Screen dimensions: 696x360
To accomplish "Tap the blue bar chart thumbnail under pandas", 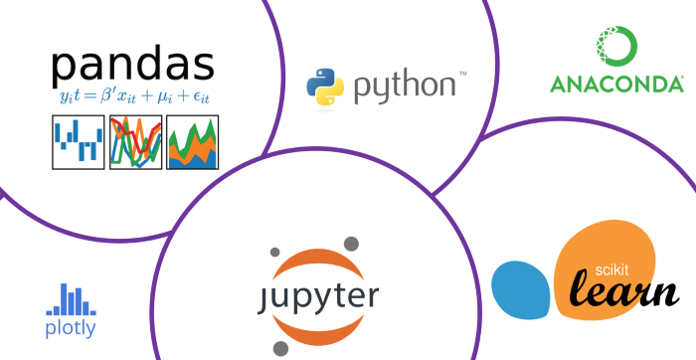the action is (78, 141).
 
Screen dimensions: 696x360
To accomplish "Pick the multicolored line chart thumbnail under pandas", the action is (135, 141).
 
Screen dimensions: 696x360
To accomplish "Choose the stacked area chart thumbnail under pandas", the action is (193, 141).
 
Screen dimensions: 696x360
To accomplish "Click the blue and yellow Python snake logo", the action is (324, 86).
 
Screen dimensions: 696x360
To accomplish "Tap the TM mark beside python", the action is (461, 73).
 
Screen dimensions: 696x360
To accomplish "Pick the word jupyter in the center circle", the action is (315, 296).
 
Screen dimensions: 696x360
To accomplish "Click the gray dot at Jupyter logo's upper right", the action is (350, 242).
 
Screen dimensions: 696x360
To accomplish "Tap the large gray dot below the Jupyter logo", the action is (281, 348).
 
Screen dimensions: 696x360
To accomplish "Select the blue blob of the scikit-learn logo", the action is (521, 287).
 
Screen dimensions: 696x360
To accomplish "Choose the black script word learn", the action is (623, 291).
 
